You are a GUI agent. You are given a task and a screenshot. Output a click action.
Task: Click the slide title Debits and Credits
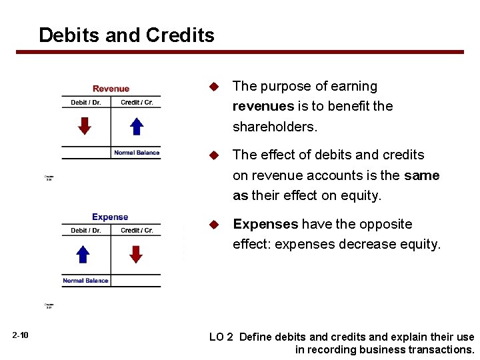[x=127, y=35]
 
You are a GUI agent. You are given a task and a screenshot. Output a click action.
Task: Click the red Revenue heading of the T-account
[x=111, y=89]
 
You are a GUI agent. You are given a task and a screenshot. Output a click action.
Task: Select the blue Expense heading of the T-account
[x=110, y=217]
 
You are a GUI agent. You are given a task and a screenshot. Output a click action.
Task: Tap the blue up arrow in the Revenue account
[x=136, y=125]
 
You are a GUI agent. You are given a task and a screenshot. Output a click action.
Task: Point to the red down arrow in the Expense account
[x=136, y=253]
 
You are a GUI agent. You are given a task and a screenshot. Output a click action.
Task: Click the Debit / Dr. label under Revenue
[x=86, y=103]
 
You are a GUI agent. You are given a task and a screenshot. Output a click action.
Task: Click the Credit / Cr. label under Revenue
[x=137, y=103]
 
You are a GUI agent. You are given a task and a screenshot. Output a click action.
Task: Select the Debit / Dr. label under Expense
[x=86, y=231]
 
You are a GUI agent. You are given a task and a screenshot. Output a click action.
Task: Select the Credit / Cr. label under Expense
[x=137, y=231]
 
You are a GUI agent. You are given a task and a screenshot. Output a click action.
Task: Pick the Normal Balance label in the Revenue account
[x=137, y=153]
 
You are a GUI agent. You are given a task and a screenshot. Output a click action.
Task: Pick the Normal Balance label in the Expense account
[x=85, y=281]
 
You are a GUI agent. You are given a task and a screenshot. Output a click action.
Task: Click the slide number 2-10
[x=20, y=335]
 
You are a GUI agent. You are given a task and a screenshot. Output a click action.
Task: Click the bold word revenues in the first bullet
[x=263, y=106]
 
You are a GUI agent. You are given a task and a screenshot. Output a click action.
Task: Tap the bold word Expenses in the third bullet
[x=265, y=224]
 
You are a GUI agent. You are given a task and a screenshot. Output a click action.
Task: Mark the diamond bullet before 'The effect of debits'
[x=214, y=155]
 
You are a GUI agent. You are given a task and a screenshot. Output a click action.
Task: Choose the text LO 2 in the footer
[x=221, y=337]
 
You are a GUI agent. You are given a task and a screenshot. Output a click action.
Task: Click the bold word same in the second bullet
[x=421, y=175]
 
